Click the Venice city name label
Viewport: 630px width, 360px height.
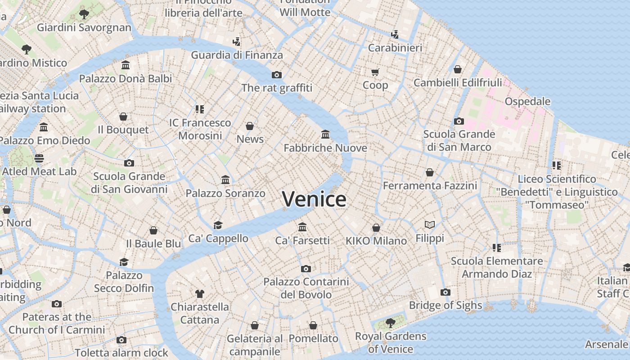[x=314, y=199]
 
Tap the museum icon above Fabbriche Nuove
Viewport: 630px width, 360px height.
[x=325, y=134]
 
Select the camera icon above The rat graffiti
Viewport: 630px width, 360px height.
[x=277, y=75]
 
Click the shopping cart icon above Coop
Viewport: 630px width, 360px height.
[x=375, y=72]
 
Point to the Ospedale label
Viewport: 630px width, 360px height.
[x=527, y=101]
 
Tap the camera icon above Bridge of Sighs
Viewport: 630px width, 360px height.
[x=445, y=292]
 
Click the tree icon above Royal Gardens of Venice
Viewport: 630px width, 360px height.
[x=390, y=322]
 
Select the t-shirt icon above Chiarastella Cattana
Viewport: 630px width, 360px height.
[x=200, y=294]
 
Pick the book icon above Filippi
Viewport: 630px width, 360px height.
[x=430, y=225]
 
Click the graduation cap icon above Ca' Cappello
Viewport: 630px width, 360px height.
[x=218, y=225]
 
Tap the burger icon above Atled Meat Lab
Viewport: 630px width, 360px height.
[x=39, y=158]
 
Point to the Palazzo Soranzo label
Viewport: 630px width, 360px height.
[x=225, y=193]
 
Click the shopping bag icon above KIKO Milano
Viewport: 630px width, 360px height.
[x=376, y=228]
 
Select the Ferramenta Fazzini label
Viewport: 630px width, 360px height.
[x=430, y=185]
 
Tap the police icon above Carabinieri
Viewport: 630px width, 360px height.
[x=395, y=34]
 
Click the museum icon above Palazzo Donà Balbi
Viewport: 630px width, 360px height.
[x=126, y=65]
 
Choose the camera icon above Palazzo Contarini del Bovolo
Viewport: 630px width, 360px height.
[x=306, y=269]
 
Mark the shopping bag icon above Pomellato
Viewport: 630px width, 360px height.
[x=313, y=325]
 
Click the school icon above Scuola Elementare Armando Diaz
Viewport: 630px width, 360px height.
[x=497, y=247]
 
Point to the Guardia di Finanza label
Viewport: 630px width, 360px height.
[x=237, y=55]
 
